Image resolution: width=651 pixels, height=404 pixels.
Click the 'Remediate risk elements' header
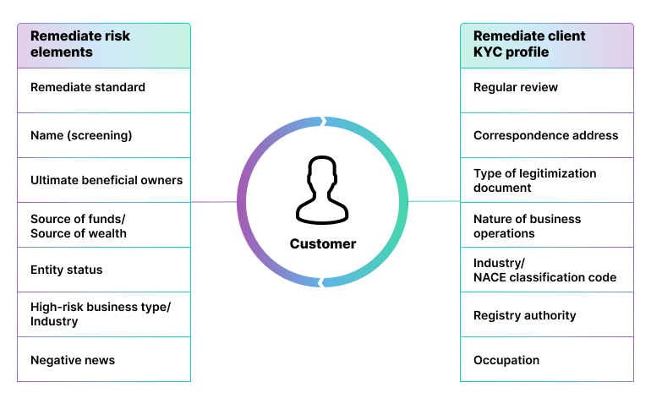click(103, 45)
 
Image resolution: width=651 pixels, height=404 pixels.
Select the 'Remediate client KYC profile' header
click(546, 45)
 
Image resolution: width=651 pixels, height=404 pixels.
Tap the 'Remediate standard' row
click(103, 88)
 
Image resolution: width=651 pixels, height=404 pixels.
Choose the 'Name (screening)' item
click(103, 135)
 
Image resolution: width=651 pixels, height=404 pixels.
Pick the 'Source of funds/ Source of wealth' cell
click(103, 226)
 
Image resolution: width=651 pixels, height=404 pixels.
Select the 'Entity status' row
click(103, 270)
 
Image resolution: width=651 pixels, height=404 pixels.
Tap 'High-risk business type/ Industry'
click(103, 314)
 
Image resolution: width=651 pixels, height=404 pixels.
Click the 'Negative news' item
click(103, 360)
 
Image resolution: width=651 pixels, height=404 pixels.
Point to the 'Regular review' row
click(546, 88)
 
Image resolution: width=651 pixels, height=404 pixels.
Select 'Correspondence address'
click(546, 135)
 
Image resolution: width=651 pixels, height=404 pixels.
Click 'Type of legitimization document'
click(546, 180)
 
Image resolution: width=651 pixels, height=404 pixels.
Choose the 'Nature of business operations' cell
click(546, 226)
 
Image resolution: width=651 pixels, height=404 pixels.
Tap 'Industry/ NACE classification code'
click(546, 270)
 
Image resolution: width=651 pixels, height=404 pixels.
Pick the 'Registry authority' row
click(546, 315)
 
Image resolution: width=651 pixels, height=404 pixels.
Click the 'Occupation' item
click(546, 360)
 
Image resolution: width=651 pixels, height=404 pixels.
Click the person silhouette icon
click(322, 190)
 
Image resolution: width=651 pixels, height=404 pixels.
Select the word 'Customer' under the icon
click(323, 243)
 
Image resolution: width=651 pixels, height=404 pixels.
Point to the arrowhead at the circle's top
click(320, 123)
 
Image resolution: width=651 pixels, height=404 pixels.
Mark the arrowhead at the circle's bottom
click(322, 282)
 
